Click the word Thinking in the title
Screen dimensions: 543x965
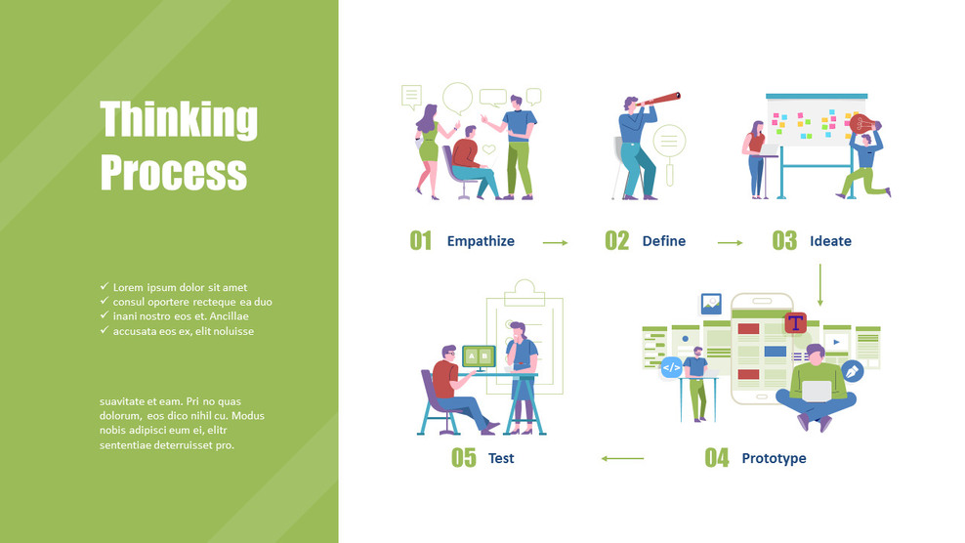[x=179, y=119]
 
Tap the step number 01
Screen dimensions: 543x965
[x=420, y=241]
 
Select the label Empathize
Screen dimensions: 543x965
[x=481, y=241]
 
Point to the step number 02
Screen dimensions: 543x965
[x=616, y=241]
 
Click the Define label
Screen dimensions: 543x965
[x=664, y=241]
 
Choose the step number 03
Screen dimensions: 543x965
[x=784, y=241]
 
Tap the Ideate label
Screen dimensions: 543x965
[x=830, y=241]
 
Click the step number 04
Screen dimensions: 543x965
[x=717, y=458]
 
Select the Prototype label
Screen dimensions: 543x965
[x=774, y=458]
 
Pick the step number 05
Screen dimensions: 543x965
[x=463, y=458]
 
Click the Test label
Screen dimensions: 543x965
[x=501, y=458]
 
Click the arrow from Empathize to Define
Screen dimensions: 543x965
[x=555, y=242]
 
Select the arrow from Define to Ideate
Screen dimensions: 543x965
[x=730, y=242]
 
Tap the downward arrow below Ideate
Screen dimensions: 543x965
[x=819, y=284]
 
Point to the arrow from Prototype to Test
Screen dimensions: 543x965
[x=622, y=458]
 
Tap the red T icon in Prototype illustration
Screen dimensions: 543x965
[x=796, y=322]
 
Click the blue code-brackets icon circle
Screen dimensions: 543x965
[x=671, y=368]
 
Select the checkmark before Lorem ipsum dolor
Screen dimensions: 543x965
[x=105, y=287]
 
